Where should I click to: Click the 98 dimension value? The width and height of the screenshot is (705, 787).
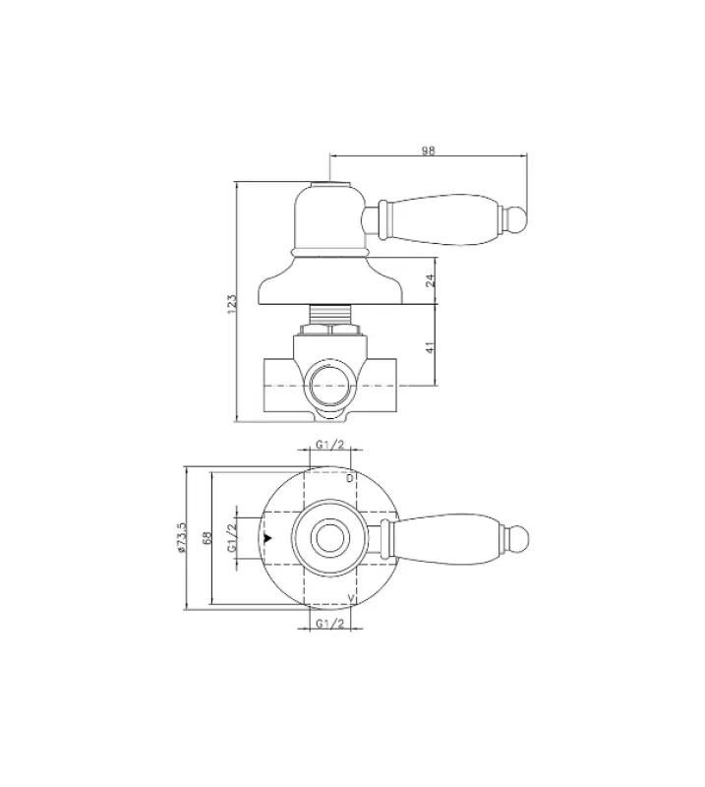pyautogui.click(x=428, y=151)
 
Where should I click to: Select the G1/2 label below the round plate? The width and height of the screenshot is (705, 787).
pyautogui.click(x=328, y=624)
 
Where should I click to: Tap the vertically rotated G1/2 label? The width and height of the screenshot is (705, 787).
pyautogui.click(x=232, y=538)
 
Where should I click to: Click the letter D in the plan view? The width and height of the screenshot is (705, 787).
pyautogui.click(x=350, y=478)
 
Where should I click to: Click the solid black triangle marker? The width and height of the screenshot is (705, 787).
pyautogui.click(x=267, y=539)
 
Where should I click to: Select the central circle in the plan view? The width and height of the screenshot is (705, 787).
pyautogui.click(x=327, y=539)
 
